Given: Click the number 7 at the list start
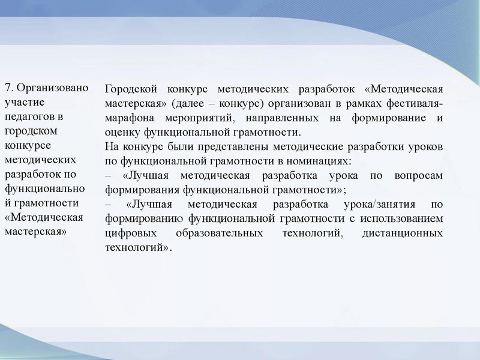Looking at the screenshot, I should tap(7, 88).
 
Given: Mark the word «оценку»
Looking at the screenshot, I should tap(122, 132).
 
